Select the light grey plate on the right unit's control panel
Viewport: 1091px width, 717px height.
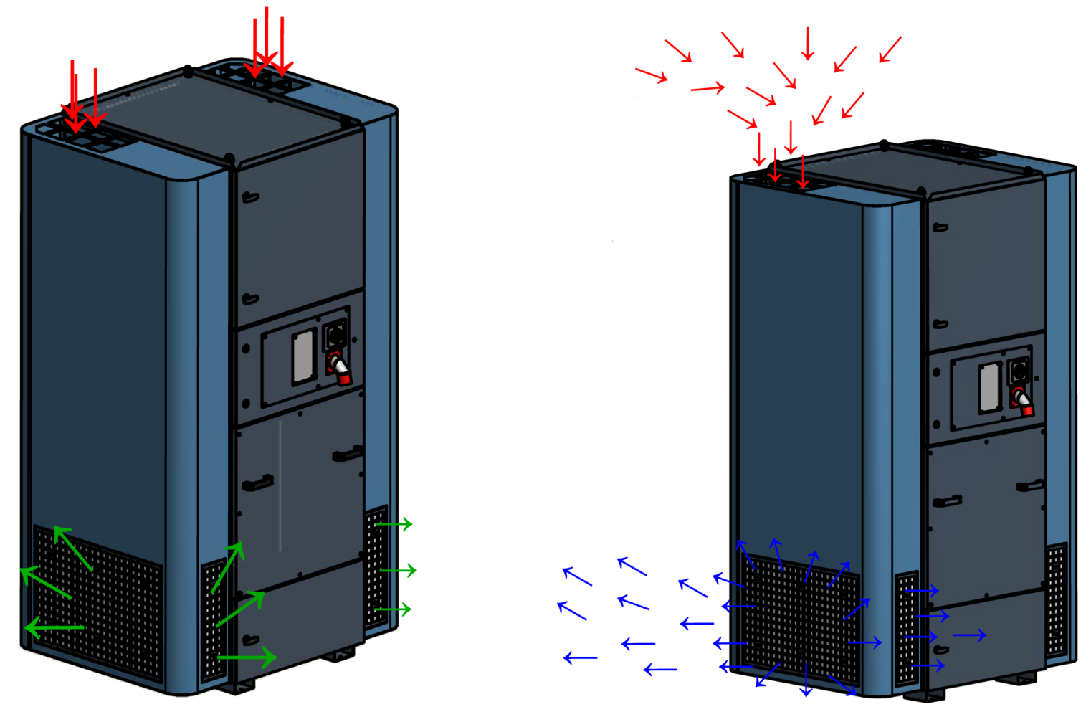pyautogui.click(x=990, y=387)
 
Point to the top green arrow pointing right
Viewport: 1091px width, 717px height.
pyautogui.click(x=394, y=524)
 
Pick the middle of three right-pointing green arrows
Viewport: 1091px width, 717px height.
pyautogui.click(x=399, y=571)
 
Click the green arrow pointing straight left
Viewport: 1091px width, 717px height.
pyautogui.click(x=54, y=628)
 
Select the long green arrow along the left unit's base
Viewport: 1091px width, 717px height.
pyautogui.click(x=247, y=656)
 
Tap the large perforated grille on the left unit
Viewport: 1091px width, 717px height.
pyautogui.click(x=99, y=602)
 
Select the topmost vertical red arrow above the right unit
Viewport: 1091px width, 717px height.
pyautogui.click(x=808, y=43)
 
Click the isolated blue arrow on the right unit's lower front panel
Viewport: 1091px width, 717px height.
pyautogui.click(x=969, y=635)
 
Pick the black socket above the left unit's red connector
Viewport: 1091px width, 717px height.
pyautogui.click(x=335, y=333)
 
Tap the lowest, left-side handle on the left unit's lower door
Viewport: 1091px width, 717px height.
pyautogui.click(x=250, y=640)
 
